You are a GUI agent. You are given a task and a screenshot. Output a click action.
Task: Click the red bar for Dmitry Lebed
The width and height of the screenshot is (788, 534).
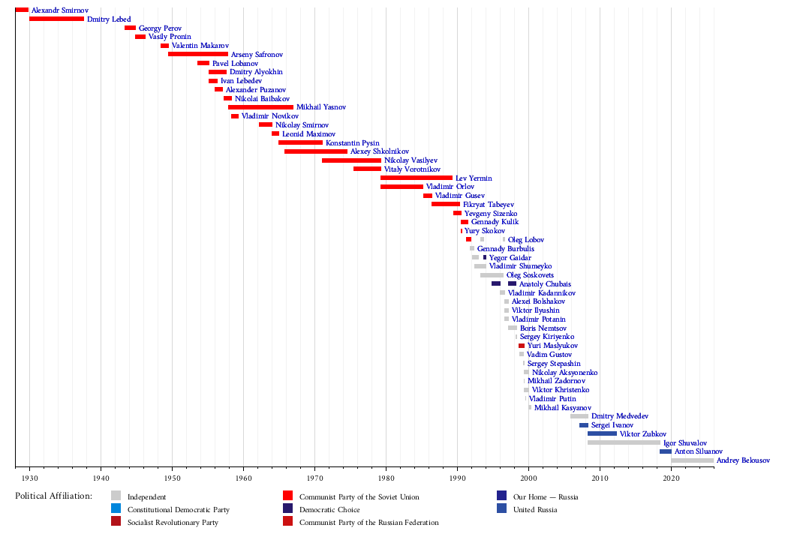pos(56,19)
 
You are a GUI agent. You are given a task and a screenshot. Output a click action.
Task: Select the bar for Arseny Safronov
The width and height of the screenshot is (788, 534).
pos(198,54)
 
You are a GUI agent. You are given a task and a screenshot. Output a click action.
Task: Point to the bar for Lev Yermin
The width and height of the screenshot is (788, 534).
pos(417,178)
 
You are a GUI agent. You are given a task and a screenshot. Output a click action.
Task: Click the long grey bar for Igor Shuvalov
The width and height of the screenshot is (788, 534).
pos(624,442)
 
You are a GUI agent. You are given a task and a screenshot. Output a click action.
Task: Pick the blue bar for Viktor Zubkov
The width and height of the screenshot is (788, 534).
pos(602,433)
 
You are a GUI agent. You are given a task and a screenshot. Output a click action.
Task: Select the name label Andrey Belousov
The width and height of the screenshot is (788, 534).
pos(743,460)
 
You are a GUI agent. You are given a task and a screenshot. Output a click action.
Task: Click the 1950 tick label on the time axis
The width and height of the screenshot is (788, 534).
pos(172,477)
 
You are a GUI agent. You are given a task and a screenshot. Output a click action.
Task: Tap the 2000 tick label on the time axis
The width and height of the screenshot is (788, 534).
pos(528,477)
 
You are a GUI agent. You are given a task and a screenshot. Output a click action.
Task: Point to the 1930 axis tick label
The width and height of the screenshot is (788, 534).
pos(29,477)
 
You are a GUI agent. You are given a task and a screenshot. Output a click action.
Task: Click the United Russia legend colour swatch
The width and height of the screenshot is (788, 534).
pos(502,510)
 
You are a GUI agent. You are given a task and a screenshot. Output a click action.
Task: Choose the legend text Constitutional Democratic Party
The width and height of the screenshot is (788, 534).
pos(179,510)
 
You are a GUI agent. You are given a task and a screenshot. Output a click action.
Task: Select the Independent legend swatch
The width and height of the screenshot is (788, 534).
pos(116,496)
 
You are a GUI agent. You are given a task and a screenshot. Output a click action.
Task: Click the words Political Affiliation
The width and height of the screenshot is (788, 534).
pos(53,496)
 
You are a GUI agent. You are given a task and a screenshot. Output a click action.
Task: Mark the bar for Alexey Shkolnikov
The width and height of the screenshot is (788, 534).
pos(316,151)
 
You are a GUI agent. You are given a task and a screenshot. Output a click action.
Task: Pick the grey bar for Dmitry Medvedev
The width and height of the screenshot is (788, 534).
pos(579,416)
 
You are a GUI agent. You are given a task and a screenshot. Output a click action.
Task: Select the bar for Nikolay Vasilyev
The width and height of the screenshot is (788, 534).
pos(351,160)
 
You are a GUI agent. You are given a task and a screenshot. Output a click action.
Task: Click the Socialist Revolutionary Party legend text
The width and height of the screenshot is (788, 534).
pos(173,523)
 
